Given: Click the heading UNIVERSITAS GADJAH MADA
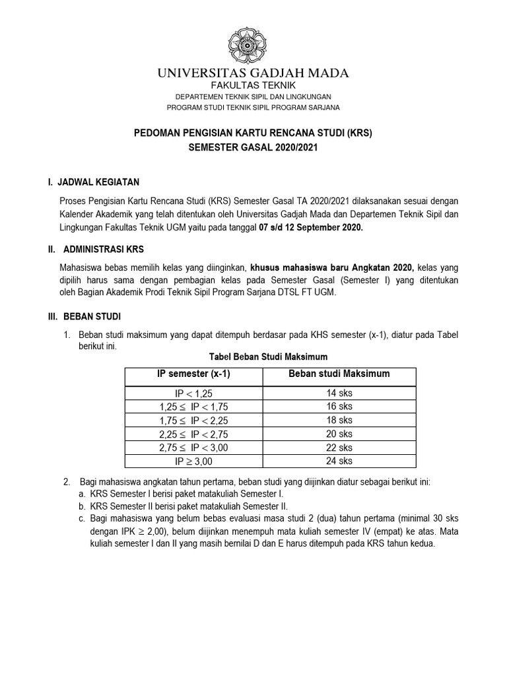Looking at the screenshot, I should tap(253, 73).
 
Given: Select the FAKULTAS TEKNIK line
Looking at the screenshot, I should tap(253, 86).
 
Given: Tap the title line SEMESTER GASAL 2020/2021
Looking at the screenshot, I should tap(253, 148).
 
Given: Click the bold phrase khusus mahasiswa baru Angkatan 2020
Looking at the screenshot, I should tap(332, 268).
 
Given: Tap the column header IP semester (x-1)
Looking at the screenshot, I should tap(193, 374).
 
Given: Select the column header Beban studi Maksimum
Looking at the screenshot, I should tap(339, 374).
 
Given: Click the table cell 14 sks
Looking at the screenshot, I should tap(339, 393).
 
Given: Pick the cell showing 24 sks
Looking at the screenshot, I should tap(339, 461).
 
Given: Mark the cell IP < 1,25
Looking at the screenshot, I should tap(193, 393).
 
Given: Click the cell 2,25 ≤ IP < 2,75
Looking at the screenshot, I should tap(193, 434).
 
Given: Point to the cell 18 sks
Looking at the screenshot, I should tap(339, 421).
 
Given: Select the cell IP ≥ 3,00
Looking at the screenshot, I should tap(193, 461).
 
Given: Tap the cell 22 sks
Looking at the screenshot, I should tap(339, 448).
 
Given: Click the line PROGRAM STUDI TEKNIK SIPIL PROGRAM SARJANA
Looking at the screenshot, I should tap(253, 108).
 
